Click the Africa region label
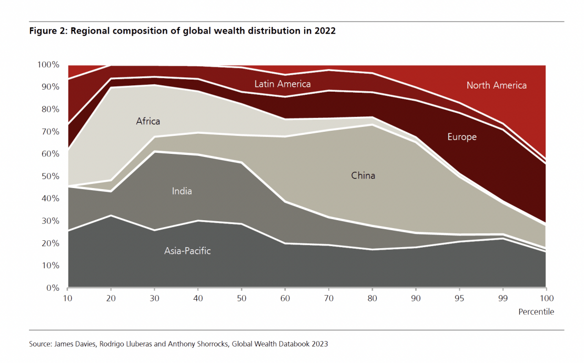[148, 121]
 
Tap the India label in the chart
[182, 191]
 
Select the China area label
[363, 175]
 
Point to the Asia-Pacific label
[187, 251]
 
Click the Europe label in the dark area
[462, 137]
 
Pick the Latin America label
[283, 84]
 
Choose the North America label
[496, 85]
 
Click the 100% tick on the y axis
[48, 65]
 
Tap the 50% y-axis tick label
[51, 176]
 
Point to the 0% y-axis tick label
[53, 288]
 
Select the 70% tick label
[51, 132]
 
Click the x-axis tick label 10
[67, 298]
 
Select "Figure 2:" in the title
[47, 31]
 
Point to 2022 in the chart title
[325, 31]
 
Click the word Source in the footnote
[39, 344]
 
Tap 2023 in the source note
[318, 344]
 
